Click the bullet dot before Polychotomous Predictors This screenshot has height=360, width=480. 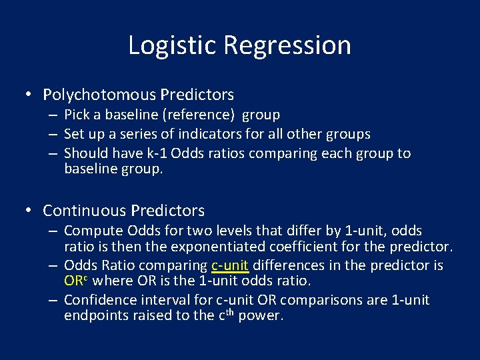29,95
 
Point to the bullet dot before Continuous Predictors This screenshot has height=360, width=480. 29,211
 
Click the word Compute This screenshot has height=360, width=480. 91,231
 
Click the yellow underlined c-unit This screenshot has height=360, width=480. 229,265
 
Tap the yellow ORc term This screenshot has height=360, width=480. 75,281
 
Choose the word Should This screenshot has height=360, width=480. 84,153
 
